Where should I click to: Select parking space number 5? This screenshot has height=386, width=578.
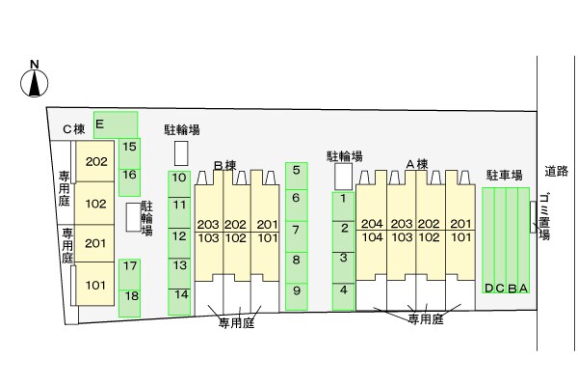296,171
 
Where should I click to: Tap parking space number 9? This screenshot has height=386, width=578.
296,290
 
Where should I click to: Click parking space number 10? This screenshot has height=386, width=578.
179,178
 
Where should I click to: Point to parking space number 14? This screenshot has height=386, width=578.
179,294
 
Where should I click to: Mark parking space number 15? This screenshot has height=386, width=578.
130,148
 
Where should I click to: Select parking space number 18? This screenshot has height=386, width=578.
130,295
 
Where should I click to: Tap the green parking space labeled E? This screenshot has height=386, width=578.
116,124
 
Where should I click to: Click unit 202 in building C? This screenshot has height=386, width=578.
95,162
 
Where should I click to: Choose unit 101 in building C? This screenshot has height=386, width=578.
95,285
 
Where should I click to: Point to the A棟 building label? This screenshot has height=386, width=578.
415,164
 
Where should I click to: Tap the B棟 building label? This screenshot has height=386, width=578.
224,166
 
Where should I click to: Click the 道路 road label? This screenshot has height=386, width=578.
557,173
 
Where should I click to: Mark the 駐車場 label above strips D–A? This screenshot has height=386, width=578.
504,175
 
